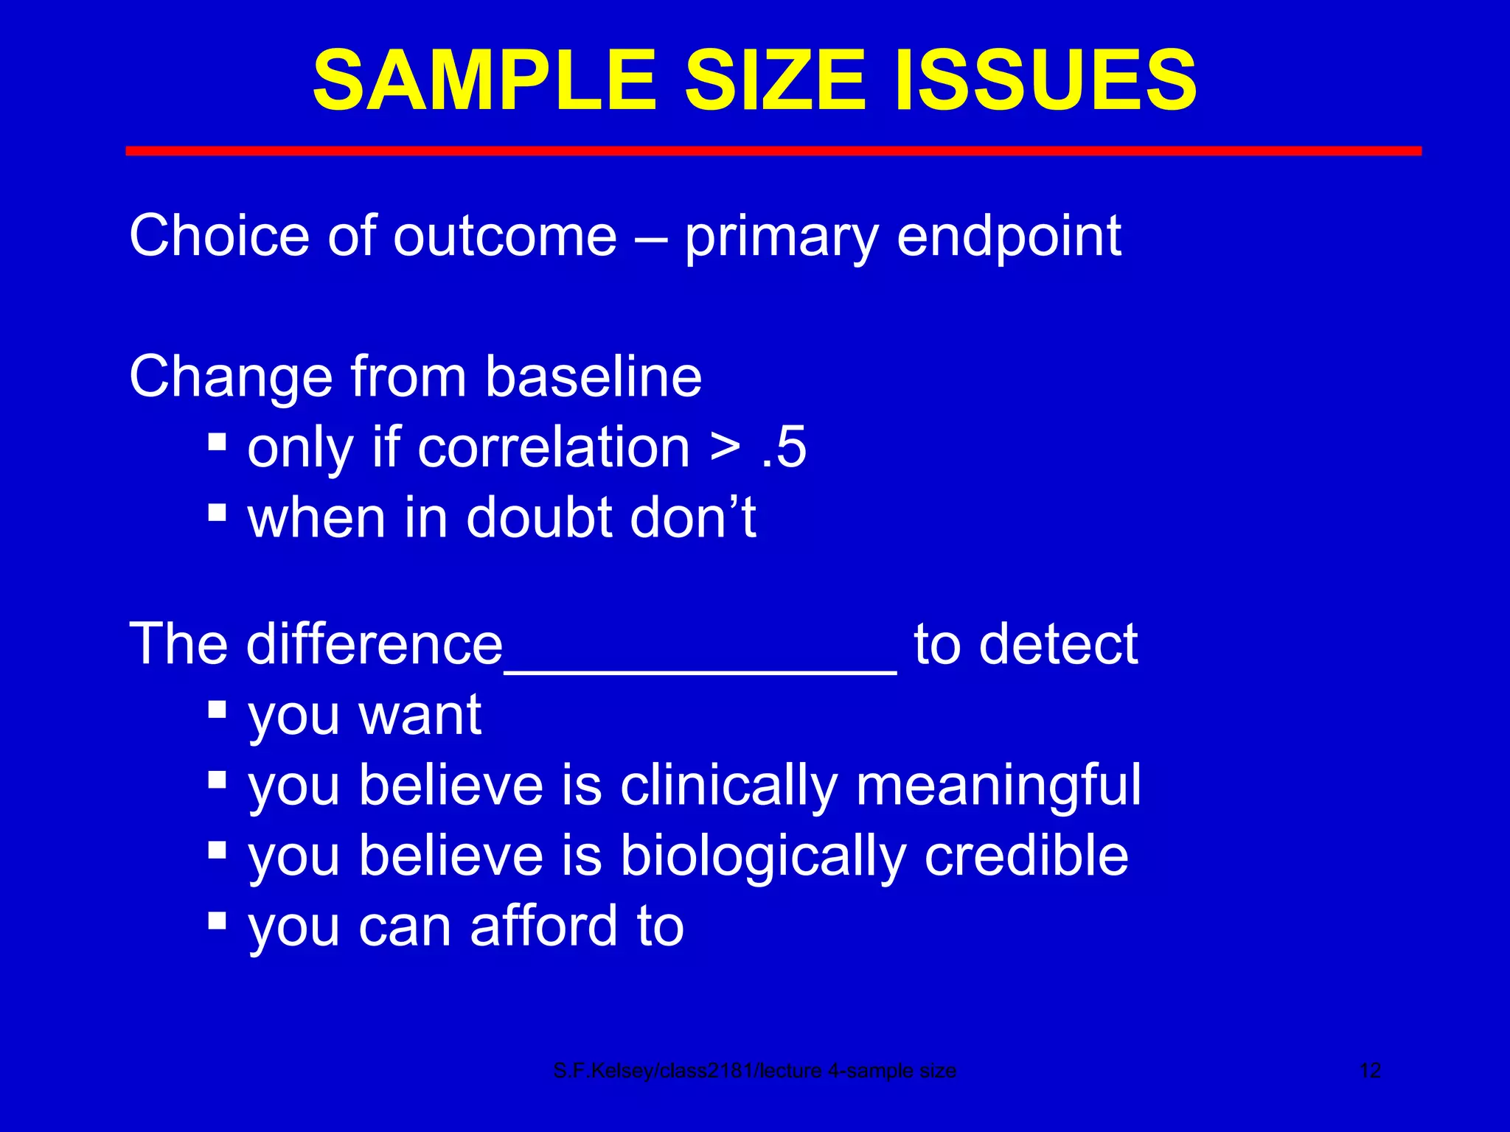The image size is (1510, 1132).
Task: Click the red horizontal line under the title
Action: click(773, 151)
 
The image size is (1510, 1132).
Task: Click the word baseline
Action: click(594, 377)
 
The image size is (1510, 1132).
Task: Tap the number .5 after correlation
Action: click(784, 447)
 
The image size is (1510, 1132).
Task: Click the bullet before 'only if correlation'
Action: click(217, 441)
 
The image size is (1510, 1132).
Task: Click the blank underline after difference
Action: click(700, 667)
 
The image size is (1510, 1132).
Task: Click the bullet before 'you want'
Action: click(217, 709)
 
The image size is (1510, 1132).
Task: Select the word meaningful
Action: click(998, 786)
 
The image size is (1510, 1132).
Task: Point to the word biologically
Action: click(763, 856)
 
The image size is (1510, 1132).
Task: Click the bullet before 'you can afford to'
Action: click(217, 920)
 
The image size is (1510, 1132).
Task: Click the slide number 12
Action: click(1369, 1071)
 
